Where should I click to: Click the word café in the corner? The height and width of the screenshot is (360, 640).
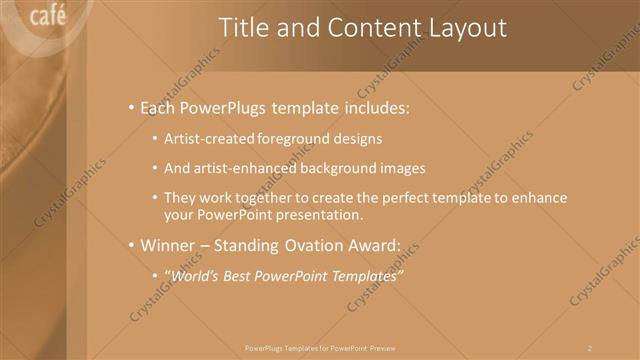[x=48, y=16]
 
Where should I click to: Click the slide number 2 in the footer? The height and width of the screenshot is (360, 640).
[x=590, y=347]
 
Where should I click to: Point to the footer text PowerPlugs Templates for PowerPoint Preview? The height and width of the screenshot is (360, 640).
[x=320, y=347]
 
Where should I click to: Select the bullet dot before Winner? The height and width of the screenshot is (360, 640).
[x=131, y=244]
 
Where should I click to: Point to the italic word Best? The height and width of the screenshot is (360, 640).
[x=239, y=275]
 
